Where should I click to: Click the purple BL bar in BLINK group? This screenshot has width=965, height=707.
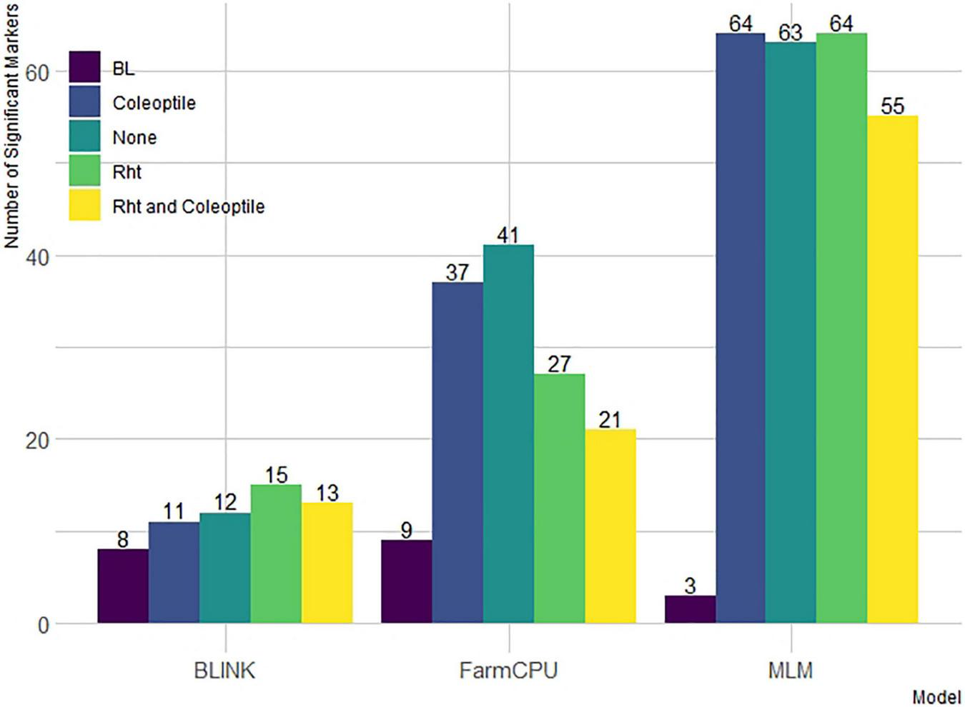click(x=123, y=586)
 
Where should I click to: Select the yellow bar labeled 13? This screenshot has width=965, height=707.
click(x=327, y=563)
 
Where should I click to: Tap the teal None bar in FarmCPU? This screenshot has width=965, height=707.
click(x=508, y=434)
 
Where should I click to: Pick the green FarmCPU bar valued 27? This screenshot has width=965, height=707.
click(x=559, y=498)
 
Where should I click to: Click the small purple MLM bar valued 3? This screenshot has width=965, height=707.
click(x=690, y=609)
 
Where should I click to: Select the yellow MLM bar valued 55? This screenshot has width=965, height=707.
click(x=892, y=369)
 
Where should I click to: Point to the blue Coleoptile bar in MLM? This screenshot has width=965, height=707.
click(x=741, y=329)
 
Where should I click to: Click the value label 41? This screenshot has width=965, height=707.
click(x=508, y=235)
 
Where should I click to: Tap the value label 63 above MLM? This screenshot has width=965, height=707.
click(x=791, y=33)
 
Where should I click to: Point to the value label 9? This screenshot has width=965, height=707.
click(x=406, y=531)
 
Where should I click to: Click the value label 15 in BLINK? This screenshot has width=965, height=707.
click(x=276, y=475)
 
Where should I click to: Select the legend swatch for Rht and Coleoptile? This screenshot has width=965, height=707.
click(x=84, y=206)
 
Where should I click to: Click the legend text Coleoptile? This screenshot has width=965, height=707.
click(x=154, y=103)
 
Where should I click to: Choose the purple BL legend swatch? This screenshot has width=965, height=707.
click(x=84, y=68)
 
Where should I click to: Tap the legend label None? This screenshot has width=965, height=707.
click(x=134, y=137)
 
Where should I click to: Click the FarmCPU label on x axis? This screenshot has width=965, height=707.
click(x=508, y=671)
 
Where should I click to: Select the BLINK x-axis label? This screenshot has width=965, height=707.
click(x=224, y=671)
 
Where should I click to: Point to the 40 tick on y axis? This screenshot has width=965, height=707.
click(x=36, y=257)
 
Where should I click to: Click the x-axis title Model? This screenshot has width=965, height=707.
click(x=936, y=697)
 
